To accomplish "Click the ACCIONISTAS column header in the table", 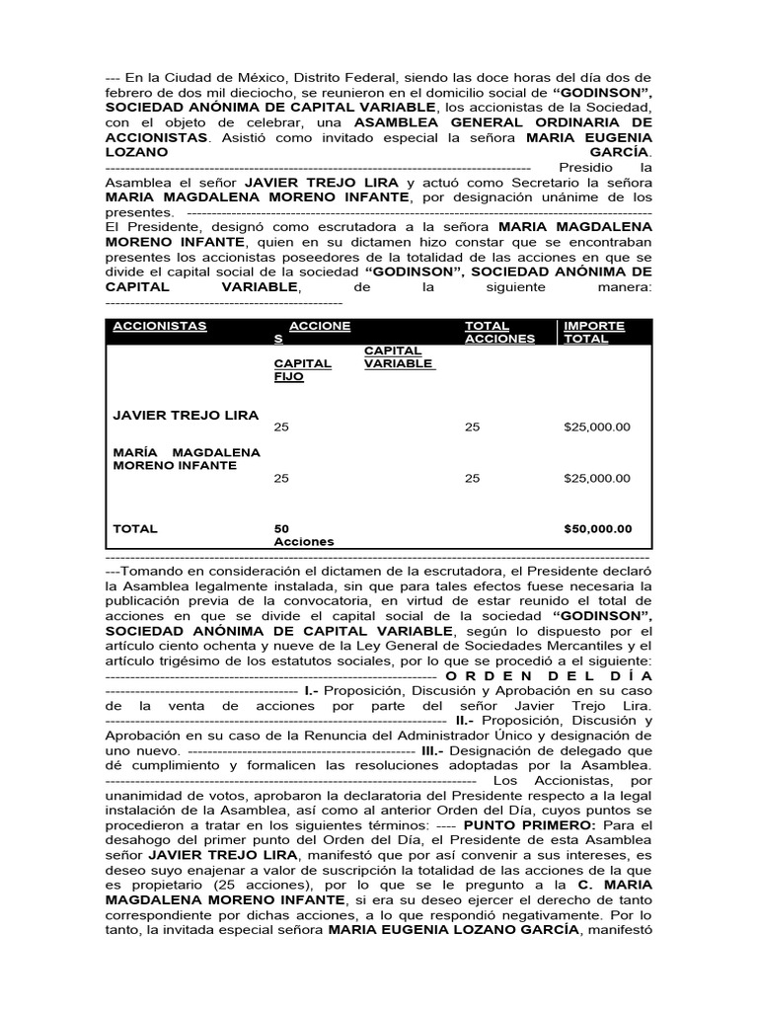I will [160, 326].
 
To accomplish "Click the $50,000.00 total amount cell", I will [597, 528].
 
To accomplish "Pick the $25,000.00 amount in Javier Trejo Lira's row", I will [596, 428].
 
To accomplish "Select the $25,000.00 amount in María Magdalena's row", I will [596, 478].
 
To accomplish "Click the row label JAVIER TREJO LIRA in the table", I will [187, 415].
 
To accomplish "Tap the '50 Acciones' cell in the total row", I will [303, 534].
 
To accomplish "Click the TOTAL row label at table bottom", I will [135, 528].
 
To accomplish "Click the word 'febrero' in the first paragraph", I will [128, 92].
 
